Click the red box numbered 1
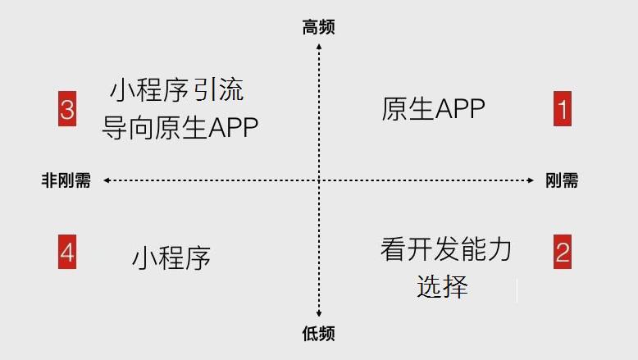coord(562,109)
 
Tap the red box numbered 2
coord(562,251)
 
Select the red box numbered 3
coord(67,109)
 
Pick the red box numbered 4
coord(67,251)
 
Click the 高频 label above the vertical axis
coord(318,28)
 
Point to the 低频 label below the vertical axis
coord(318,334)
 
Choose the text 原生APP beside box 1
coord(433,109)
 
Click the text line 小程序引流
coord(177,89)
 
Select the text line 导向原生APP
coord(180,127)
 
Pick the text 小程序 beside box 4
coord(171,257)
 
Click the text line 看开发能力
coord(445,249)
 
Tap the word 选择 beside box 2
coord(442,286)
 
